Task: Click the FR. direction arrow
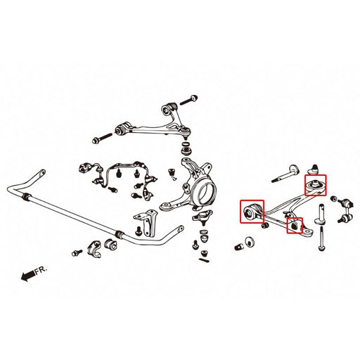pos(28,274)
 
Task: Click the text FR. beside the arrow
pos(44,269)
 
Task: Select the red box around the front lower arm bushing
pos(252,212)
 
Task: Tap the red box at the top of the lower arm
pos(315,184)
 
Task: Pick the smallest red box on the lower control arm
pos(295,226)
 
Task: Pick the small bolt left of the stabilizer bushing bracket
pos(75,250)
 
